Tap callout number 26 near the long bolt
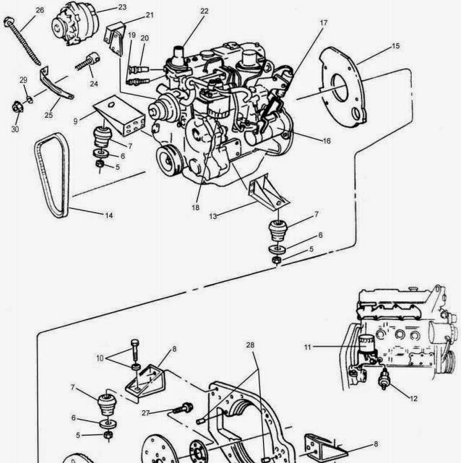[40, 10]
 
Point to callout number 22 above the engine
[204, 12]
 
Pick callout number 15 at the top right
[395, 46]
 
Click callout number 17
[324, 22]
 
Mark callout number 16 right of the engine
[327, 141]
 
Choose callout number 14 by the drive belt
[109, 215]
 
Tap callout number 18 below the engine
[194, 207]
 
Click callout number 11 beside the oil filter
[307, 347]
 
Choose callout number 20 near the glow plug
[145, 38]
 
